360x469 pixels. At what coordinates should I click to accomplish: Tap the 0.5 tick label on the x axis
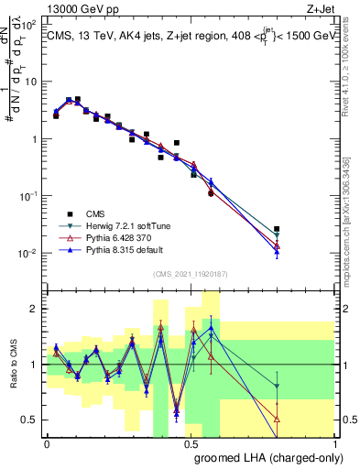tap(191, 444)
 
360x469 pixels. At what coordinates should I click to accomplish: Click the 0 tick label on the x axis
tap(47, 444)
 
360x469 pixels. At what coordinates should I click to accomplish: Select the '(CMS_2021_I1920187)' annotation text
tap(190, 274)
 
